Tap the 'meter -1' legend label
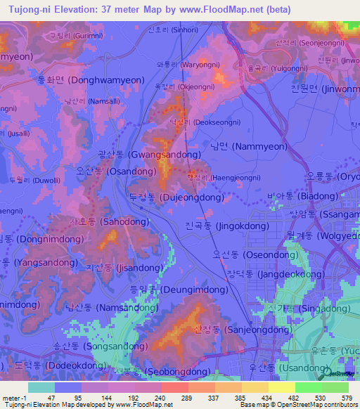[15, 397]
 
